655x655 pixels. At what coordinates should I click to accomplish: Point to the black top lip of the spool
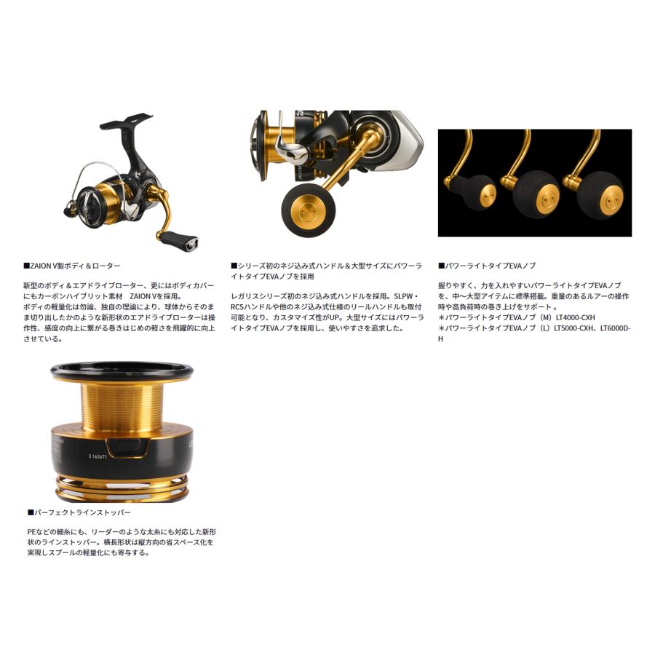point(122,373)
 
